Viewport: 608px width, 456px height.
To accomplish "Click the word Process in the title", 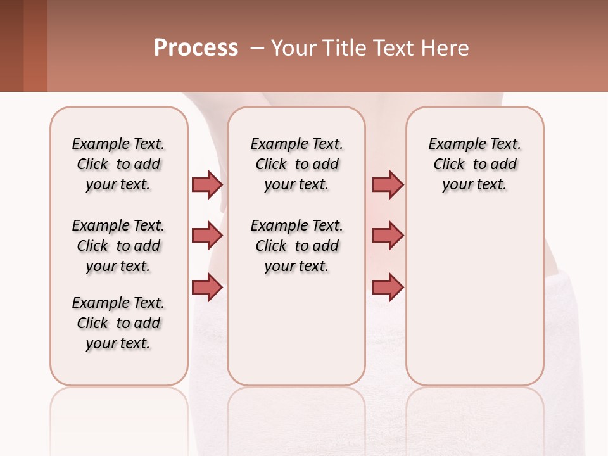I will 196,48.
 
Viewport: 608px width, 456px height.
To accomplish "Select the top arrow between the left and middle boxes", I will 207,184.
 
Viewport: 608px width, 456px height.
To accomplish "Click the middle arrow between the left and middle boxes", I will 207,236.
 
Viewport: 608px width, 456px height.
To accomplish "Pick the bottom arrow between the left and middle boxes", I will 207,288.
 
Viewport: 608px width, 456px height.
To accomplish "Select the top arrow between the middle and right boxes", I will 388,184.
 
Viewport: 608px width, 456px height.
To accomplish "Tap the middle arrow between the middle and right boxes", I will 388,236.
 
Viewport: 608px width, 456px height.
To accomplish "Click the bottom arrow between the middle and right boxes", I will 388,288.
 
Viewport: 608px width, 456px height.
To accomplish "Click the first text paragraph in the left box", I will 118,164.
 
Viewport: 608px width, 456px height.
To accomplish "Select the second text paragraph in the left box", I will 118,246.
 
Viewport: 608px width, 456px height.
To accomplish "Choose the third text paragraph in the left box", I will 118,323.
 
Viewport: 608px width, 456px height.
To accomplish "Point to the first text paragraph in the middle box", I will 296,164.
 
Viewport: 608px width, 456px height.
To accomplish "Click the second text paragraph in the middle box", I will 296,246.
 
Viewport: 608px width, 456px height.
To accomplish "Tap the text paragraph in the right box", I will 474,164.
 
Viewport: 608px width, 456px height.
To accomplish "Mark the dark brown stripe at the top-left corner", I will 11,46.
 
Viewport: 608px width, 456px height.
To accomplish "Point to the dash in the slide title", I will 256,48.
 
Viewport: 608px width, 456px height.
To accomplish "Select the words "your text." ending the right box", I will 474,185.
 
